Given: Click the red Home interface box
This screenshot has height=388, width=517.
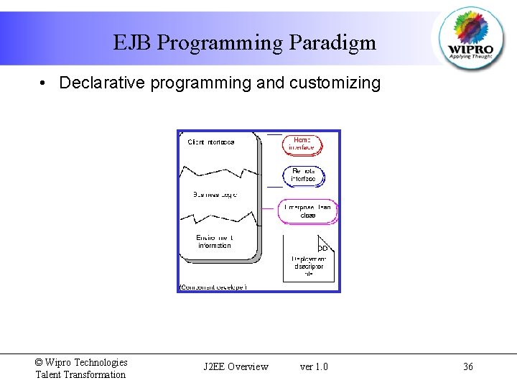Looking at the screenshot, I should tap(302, 144).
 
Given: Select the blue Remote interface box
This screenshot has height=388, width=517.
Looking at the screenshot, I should tap(303, 175).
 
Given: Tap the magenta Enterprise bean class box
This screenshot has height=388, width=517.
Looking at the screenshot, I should tap(307, 211).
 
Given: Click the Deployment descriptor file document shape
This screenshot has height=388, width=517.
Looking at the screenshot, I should tap(308, 259).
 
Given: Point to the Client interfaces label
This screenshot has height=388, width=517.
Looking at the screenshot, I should tap(211, 142).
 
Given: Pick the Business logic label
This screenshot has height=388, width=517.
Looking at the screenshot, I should tap(215, 195).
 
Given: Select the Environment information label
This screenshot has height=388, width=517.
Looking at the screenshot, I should tap(215, 241).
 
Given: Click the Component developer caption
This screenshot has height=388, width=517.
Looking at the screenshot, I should tap(213, 287).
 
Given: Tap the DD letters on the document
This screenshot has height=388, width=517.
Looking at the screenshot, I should tap(322, 248).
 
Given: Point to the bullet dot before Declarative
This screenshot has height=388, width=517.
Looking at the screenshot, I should tap(45, 83).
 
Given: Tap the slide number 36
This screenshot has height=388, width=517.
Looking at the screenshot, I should tap(468, 367).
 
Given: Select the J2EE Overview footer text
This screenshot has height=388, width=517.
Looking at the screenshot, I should tap(236, 367).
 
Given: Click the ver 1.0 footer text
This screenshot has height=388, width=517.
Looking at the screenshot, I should tap(314, 367).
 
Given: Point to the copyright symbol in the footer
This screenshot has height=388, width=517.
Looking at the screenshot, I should tap(39, 363).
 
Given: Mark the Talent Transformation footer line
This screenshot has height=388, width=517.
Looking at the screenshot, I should tap(80, 374).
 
